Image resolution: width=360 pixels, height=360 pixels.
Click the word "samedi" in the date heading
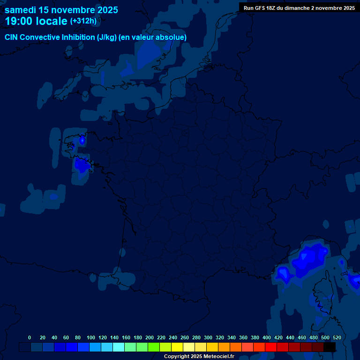click(20, 10)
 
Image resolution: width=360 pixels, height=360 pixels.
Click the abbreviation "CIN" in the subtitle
click(12, 37)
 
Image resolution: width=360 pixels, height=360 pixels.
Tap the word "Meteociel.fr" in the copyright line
click(218, 357)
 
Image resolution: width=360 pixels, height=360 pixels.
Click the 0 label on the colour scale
click(30, 337)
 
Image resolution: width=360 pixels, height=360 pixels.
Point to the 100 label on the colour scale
click(91, 337)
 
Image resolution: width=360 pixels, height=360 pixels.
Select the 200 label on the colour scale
click(150, 337)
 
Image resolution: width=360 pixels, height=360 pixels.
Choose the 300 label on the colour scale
click(208, 337)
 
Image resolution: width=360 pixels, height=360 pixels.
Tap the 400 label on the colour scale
click(267, 337)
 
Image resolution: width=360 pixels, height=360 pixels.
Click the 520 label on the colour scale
click(337, 337)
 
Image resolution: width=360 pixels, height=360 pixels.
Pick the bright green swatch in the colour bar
click(154, 347)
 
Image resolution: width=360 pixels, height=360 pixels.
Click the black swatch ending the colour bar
click(330, 347)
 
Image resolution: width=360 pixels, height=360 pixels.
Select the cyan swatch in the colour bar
click(119, 347)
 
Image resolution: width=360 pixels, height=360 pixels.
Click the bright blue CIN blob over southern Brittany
click(82, 165)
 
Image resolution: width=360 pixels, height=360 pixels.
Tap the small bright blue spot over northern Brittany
click(82, 140)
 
